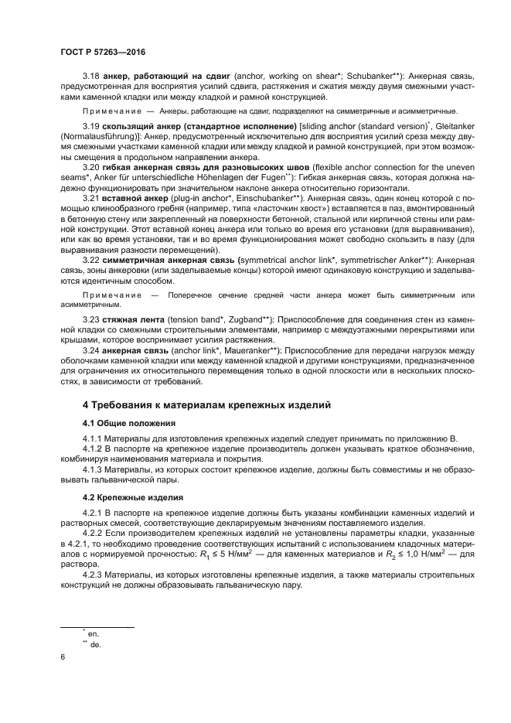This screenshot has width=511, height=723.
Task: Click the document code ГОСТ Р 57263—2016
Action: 103,52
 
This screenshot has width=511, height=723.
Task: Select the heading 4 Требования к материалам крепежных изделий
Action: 206,404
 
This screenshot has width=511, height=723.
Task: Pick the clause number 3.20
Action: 93,167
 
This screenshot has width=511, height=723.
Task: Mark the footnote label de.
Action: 95,643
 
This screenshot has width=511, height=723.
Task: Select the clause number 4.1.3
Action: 95,469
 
